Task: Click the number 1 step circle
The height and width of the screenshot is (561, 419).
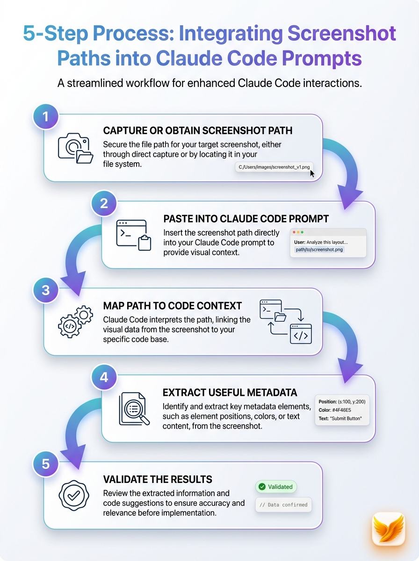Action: tap(45, 116)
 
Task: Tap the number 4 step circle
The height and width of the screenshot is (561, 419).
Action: tap(104, 377)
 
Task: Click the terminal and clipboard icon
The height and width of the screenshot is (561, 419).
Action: tap(133, 235)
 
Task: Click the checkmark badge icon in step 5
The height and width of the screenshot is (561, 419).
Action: tap(74, 495)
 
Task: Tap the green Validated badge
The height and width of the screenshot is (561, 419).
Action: tap(276, 487)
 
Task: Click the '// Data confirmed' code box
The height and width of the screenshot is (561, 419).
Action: tap(283, 505)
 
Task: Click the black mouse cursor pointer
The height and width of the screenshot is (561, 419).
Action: tap(312, 174)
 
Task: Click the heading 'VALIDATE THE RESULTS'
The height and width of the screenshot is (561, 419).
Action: tap(158, 479)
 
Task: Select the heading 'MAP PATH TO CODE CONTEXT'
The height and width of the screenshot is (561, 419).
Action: tap(173, 306)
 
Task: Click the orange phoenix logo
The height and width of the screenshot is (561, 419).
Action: tap(388, 529)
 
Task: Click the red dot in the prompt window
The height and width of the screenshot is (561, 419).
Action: tap(294, 232)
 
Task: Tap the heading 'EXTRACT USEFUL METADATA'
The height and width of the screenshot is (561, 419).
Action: tap(230, 392)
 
